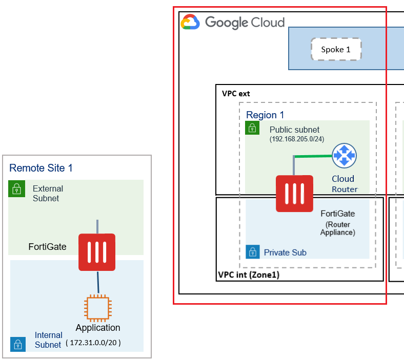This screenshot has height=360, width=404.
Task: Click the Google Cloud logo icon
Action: point(190,23)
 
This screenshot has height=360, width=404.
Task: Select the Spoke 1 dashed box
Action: point(336,50)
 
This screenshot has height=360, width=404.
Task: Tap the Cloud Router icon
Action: point(344,155)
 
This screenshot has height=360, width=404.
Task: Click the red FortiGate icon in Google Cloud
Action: point(294,194)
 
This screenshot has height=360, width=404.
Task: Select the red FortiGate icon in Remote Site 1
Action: point(97,252)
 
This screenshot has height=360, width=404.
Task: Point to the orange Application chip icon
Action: point(97,308)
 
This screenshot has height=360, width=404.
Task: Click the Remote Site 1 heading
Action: point(41,168)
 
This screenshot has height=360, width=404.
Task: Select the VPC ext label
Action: point(236,94)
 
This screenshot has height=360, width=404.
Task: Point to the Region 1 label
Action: point(265,115)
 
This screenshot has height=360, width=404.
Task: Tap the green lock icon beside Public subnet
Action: point(252,128)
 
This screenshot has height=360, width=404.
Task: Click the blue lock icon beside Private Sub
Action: point(252,252)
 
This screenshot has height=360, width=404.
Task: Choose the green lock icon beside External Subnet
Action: point(16,189)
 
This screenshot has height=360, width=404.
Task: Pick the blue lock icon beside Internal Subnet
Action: point(17,344)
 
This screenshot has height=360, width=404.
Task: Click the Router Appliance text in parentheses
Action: point(337,228)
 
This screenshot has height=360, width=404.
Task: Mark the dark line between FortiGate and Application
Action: point(97,282)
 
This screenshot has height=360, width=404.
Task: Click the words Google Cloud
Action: point(245,23)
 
